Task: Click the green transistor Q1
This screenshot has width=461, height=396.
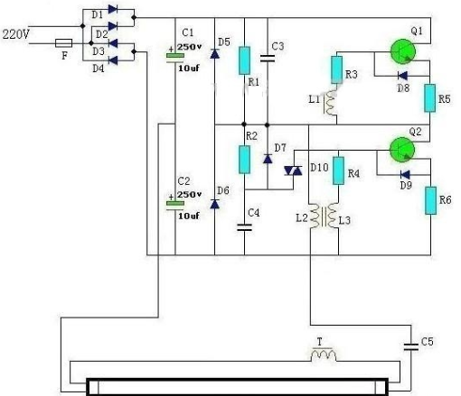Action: [x=403, y=51]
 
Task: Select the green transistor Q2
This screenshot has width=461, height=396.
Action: [x=402, y=150]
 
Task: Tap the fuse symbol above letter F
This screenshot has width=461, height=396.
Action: [x=64, y=43]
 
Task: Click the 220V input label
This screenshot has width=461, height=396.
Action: [x=15, y=34]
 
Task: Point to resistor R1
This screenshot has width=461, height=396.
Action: [x=244, y=60]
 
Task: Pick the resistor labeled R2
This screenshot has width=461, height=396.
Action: [x=244, y=160]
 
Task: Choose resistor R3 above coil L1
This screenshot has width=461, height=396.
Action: [x=336, y=69]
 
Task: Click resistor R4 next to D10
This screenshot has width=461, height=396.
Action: [x=338, y=170]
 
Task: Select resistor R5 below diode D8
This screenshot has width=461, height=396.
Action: [x=430, y=98]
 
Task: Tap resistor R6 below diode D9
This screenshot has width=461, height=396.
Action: [x=431, y=200]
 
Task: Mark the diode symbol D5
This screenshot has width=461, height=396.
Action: [x=214, y=54]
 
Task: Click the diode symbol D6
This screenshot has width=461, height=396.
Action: [x=214, y=204]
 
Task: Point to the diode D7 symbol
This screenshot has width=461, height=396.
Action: [x=268, y=159]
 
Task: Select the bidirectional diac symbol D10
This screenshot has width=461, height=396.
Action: [x=293, y=171]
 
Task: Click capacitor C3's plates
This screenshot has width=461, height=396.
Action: [x=268, y=59]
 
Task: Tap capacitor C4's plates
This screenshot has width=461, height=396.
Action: [x=244, y=227]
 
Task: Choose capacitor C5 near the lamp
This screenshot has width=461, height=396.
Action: [x=411, y=346]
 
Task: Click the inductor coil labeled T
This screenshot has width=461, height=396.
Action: [x=324, y=355]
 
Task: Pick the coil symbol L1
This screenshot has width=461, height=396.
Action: [x=331, y=103]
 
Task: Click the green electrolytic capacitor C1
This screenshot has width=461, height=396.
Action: [x=175, y=56]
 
